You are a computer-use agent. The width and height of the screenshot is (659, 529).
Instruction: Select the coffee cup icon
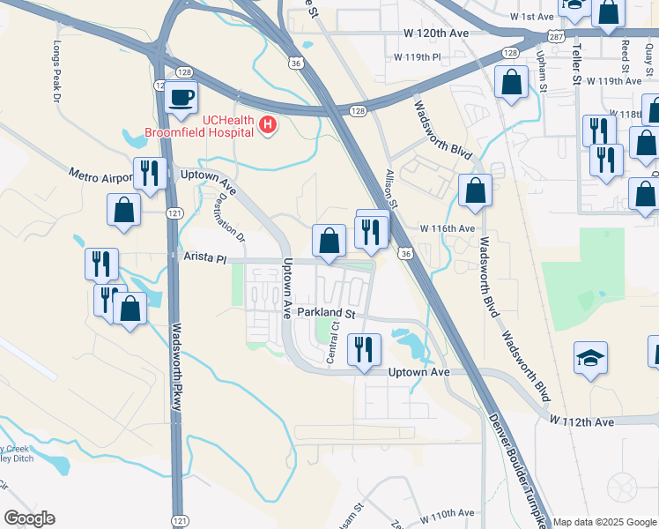point(182,98)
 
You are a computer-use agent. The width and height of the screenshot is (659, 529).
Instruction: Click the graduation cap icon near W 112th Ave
point(591,358)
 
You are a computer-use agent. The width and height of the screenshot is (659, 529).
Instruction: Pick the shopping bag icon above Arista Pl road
point(329,240)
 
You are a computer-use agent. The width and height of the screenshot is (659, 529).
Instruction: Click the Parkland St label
point(325,313)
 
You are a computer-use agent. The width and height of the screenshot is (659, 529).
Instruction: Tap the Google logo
point(29,518)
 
